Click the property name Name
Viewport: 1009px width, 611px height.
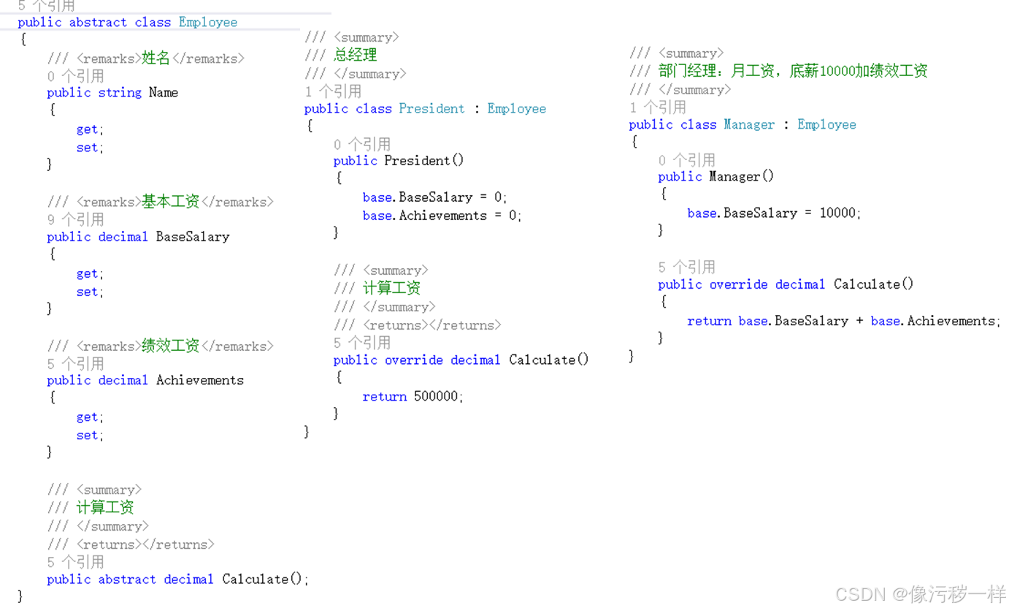pyautogui.click(x=163, y=93)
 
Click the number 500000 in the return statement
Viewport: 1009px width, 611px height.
pyautogui.click(x=437, y=397)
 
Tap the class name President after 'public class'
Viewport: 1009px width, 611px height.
pyautogui.click(x=431, y=109)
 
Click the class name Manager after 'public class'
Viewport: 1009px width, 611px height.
pyautogui.click(x=749, y=125)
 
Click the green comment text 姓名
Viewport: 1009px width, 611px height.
pyautogui.click(x=156, y=58)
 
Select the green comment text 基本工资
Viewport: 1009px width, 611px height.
pyautogui.click(x=170, y=202)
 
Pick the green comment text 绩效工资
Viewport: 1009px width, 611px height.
pyautogui.click(x=170, y=346)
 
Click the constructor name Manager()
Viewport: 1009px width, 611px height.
pyautogui.click(x=741, y=177)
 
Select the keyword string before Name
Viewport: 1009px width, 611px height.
pyautogui.click(x=120, y=93)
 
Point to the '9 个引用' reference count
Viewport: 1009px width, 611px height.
pyautogui.click(x=75, y=219)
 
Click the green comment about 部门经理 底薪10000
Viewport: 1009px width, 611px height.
pyautogui.click(x=792, y=72)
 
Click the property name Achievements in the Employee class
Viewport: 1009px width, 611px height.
pyautogui.click(x=200, y=381)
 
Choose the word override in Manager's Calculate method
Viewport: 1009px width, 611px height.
pyautogui.click(x=738, y=285)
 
